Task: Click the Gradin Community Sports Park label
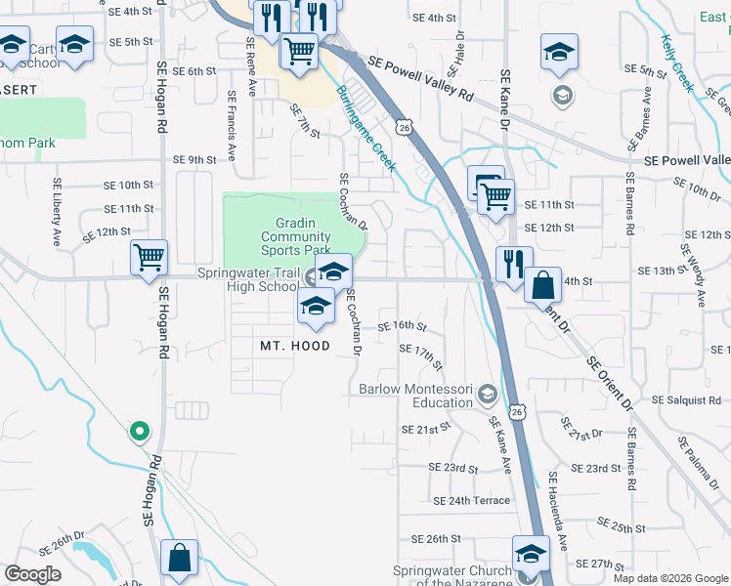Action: coord(294,235)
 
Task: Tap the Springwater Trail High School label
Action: coord(248,280)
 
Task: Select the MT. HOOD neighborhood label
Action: coord(293,346)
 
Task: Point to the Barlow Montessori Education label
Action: coord(415,396)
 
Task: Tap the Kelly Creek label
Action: coord(677,63)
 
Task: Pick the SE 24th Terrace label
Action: coord(471,501)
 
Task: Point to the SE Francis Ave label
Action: coord(232,126)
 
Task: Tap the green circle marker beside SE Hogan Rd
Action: coord(140,430)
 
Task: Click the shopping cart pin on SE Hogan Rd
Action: coord(150,259)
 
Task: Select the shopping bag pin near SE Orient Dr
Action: coord(543,285)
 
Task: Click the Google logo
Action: coord(32,574)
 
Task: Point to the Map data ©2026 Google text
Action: coord(670,577)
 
